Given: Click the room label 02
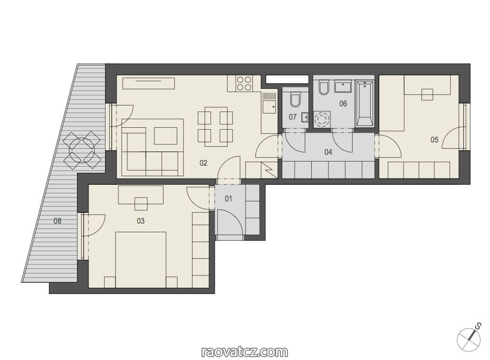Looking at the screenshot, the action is [x=203, y=163].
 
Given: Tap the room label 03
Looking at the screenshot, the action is [x=141, y=221].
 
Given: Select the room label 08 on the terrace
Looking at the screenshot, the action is [x=57, y=221].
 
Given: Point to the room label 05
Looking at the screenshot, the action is [x=434, y=140].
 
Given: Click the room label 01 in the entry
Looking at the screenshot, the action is [x=229, y=199].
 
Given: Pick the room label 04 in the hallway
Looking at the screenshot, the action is [x=328, y=152].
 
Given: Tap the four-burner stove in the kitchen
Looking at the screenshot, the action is [x=244, y=84].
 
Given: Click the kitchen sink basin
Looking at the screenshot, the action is [x=269, y=106].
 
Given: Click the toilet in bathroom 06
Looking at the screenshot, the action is [x=324, y=88].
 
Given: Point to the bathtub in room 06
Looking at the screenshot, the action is [x=365, y=104].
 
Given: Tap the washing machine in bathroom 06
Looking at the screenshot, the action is [x=322, y=119].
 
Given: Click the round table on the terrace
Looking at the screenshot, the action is [x=82, y=150].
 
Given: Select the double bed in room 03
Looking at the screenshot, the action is [x=141, y=259].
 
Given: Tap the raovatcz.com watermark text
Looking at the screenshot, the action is [x=245, y=352].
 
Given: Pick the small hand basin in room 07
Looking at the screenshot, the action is [x=305, y=117].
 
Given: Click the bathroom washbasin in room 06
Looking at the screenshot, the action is [x=343, y=86].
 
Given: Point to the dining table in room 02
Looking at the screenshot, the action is [x=216, y=127].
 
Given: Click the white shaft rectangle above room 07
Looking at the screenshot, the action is [x=287, y=79].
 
